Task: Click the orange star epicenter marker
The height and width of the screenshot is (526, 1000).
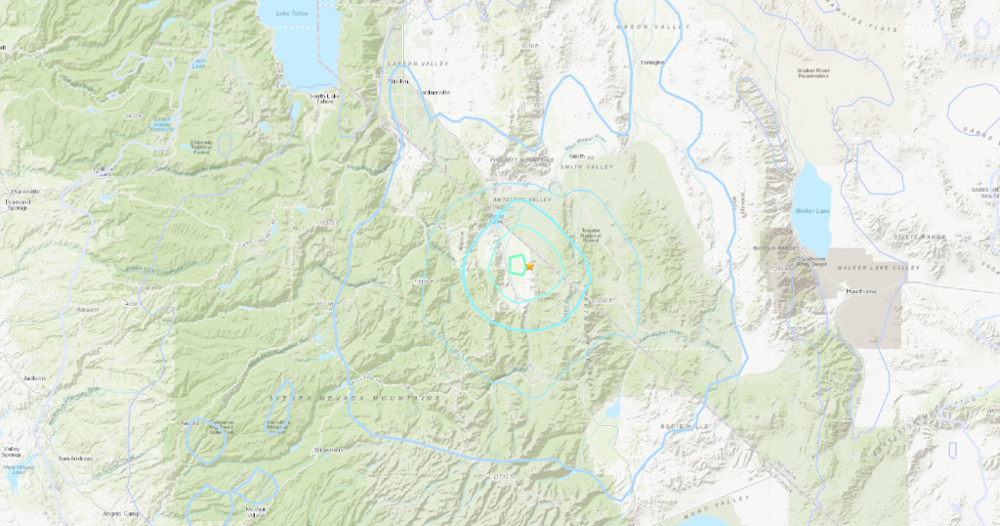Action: click(529, 265)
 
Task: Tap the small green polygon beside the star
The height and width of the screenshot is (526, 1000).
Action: click(516, 263)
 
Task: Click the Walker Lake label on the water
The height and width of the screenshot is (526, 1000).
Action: click(812, 209)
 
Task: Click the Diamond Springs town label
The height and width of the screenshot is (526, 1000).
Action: click(18, 206)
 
